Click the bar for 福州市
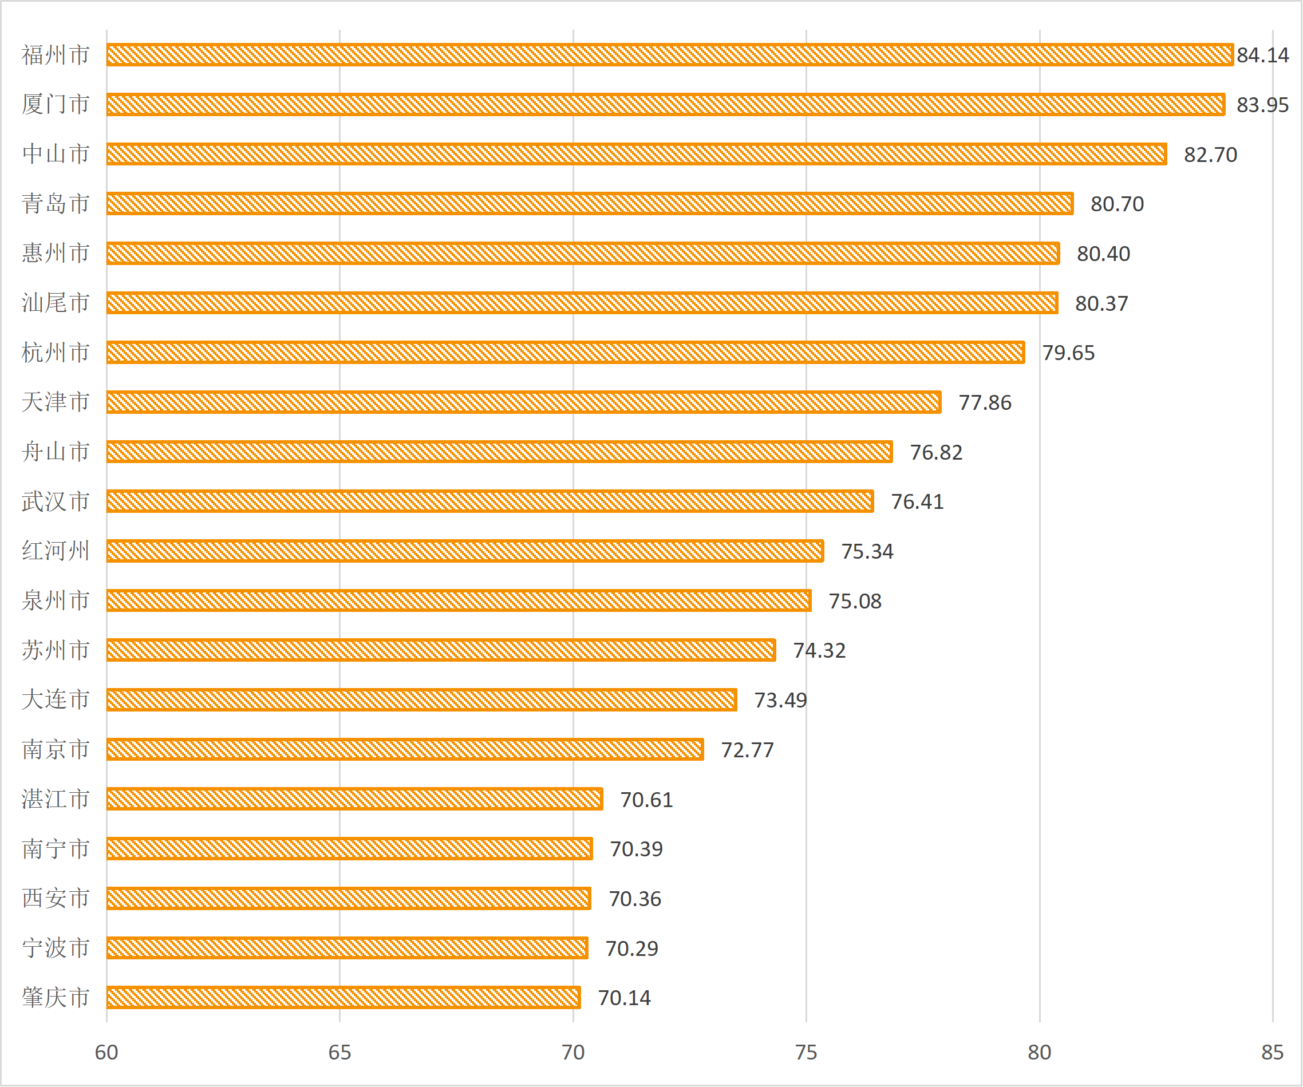pyautogui.click(x=669, y=54)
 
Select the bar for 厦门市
pyautogui.click(x=665, y=104)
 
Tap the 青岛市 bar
pyautogui.click(x=590, y=204)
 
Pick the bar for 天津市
pyautogui.click(x=523, y=402)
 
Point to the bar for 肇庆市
pyautogui.click(x=343, y=998)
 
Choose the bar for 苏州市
pyautogui.click(x=441, y=650)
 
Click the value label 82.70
pyautogui.click(x=1210, y=155)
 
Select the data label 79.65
pyautogui.click(x=1068, y=353)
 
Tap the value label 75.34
pyautogui.click(x=867, y=552)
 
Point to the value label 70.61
pyautogui.click(x=646, y=800)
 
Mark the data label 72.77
pyautogui.click(x=747, y=750)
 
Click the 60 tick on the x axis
pyautogui.click(x=106, y=1052)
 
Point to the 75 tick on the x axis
pyautogui.click(x=806, y=1052)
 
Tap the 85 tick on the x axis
pyautogui.click(x=1272, y=1052)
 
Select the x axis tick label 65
pyautogui.click(x=339, y=1052)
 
